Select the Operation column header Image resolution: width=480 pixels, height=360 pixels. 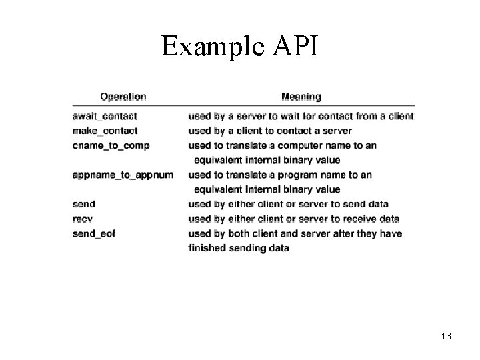tap(123, 97)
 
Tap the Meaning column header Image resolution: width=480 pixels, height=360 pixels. tap(301, 97)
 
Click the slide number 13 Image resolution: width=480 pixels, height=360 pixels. tap(446, 336)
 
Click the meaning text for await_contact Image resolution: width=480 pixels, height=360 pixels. tap(301, 116)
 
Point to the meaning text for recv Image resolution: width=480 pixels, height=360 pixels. tap(294, 219)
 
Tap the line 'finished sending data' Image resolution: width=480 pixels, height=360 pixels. tap(239, 248)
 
